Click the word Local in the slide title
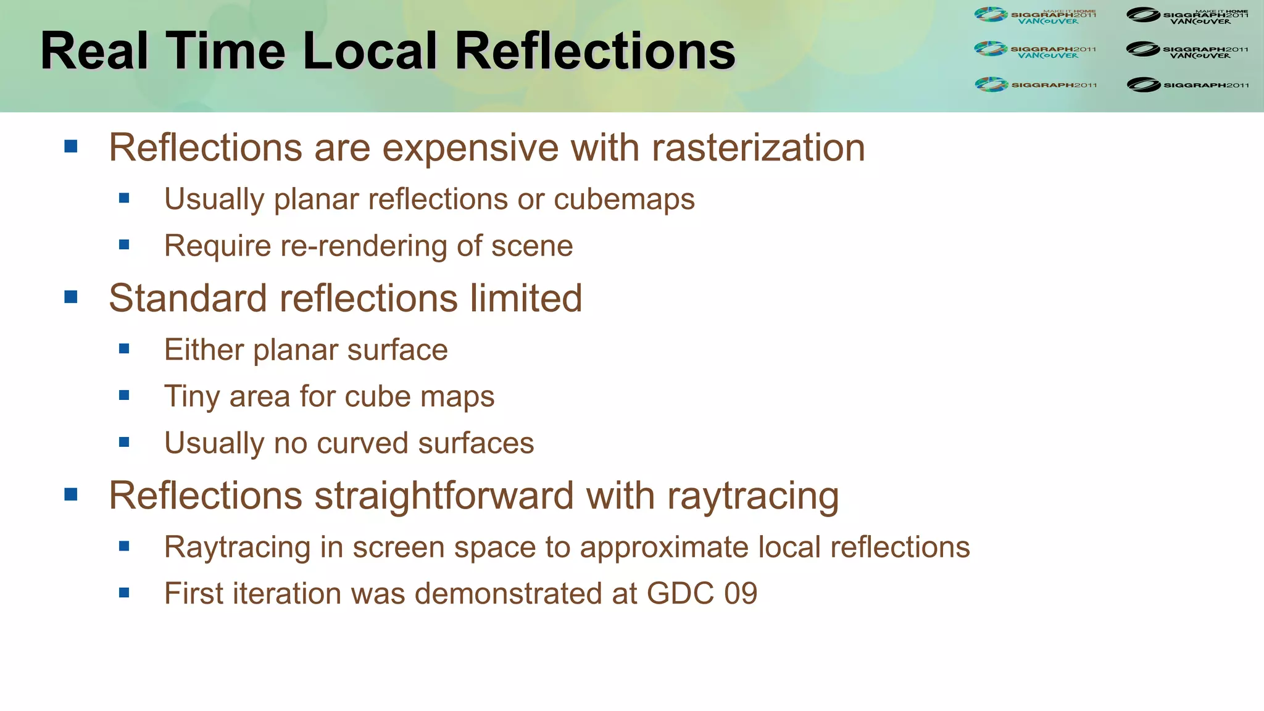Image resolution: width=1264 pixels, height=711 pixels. tap(370, 51)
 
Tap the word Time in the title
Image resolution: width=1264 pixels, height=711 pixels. tap(225, 51)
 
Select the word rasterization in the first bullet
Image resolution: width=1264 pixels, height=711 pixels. tap(758, 148)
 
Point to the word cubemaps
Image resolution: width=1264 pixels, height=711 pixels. tap(624, 199)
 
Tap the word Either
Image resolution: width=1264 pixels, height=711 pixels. tap(204, 350)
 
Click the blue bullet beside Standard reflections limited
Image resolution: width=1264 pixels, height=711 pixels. tap(71, 297)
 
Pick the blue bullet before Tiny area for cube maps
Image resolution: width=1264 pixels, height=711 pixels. tap(124, 396)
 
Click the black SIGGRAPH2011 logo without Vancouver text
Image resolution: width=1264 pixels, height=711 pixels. tap(1187, 85)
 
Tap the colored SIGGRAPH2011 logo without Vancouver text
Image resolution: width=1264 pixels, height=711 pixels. tap(1035, 85)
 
